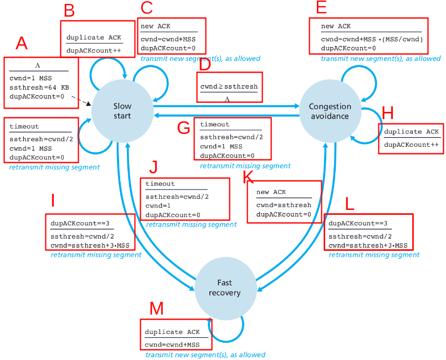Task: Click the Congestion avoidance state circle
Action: [330, 111]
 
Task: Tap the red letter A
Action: [21, 43]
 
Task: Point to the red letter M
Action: [157, 308]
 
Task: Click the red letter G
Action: [183, 127]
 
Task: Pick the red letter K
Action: [249, 177]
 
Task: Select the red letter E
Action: [321, 7]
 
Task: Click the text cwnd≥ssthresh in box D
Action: [229, 86]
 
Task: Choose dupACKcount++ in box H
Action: [411, 143]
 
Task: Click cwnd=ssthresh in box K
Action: [284, 205]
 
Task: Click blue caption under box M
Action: [205, 354]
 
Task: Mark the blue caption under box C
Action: [200, 59]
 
